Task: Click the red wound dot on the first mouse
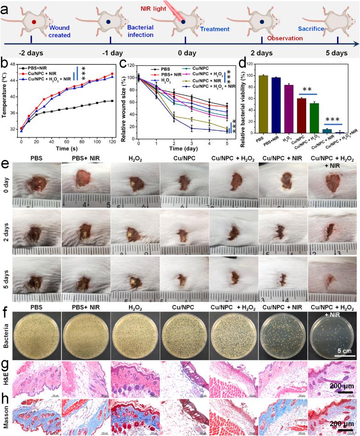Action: (34, 22)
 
